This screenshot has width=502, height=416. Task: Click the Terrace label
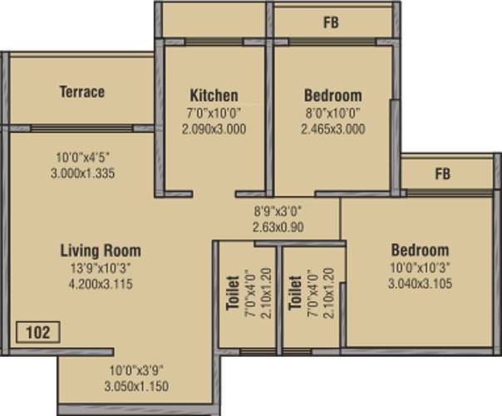click(82, 92)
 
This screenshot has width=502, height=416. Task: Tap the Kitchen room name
click(214, 96)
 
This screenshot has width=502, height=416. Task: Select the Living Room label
click(101, 250)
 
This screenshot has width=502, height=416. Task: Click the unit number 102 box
click(38, 332)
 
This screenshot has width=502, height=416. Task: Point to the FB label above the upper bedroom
click(331, 22)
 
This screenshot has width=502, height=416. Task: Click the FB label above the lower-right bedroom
click(443, 174)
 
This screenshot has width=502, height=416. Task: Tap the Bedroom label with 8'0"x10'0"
click(333, 96)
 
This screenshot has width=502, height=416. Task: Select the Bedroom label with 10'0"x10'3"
click(420, 250)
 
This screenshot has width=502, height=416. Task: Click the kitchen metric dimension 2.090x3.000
click(214, 130)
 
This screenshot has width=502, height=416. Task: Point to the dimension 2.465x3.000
click(333, 129)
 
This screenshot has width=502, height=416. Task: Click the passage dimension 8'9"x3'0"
click(278, 211)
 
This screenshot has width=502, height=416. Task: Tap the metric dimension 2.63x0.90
click(278, 227)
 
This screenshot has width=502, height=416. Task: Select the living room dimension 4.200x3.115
click(101, 285)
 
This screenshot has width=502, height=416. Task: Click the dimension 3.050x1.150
click(136, 386)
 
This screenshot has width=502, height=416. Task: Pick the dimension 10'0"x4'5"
click(83, 157)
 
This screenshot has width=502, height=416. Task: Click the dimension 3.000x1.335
click(82, 173)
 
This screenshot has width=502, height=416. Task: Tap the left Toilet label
click(233, 293)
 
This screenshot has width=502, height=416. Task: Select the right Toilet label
click(295, 293)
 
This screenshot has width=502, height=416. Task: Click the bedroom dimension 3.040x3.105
click(420, 284)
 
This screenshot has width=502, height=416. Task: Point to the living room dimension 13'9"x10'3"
click(101, 268)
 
